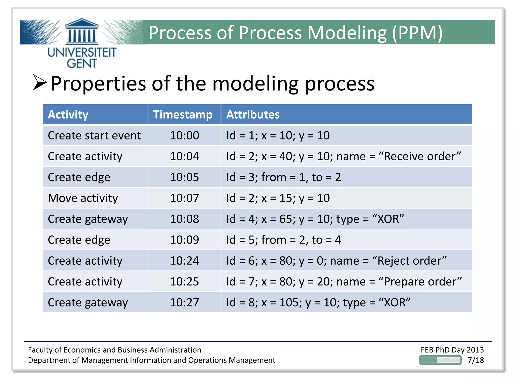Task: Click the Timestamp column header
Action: pos(183,115)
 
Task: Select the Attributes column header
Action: pos(253,115)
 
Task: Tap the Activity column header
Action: pos(68,115)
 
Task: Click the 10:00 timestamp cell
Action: pos(184,135)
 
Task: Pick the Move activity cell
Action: pos(83,198)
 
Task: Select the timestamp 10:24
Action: pos(184,261)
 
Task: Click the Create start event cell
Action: pos(94,135)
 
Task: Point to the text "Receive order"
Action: pos(420,156)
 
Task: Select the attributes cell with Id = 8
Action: pos(318,302)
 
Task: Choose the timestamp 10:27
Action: pos(184,302)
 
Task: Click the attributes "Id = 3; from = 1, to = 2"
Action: pos(283,177)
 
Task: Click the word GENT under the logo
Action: pos(82,63)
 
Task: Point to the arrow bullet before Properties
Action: pos(40,82)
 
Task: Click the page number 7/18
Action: pos(476,360)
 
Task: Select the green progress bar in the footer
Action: pos(440,360)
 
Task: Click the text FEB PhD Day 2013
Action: pos(452,350)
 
